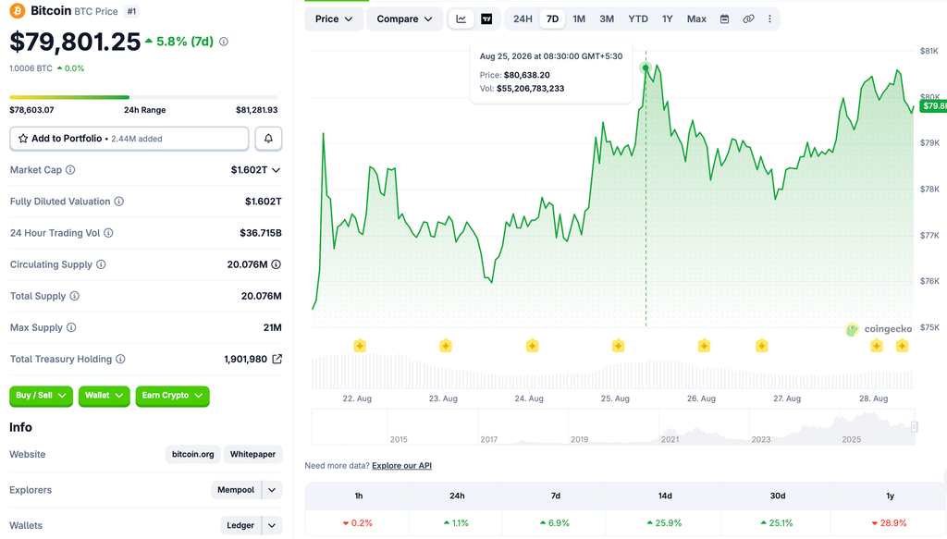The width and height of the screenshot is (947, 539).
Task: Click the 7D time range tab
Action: tap(552, 18)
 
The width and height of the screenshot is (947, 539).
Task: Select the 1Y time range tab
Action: tap(667, 18)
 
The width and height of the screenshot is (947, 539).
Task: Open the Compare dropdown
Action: tap(404, 18)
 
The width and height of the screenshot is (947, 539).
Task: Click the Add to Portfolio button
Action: tap(129, 139)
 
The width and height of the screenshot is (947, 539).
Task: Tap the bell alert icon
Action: tap(268, 139)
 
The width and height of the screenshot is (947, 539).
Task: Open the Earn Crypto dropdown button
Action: tap(172, 396)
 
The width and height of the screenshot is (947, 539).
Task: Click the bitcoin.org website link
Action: tap(192, 454)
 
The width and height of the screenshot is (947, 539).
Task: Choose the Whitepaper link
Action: tap(252, 454)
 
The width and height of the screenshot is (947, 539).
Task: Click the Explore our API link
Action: tap(401, 465)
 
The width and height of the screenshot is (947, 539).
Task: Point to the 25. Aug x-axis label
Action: tap(615, 398)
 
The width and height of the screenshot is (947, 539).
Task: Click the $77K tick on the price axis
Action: tap(929, 236)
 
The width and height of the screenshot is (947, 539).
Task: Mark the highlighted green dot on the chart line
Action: tap(646, 67)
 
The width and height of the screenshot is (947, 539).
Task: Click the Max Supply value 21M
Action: tap(273, 327)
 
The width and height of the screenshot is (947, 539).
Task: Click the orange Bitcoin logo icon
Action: tap(18, 11)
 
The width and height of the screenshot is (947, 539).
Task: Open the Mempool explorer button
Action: tap(236, 489)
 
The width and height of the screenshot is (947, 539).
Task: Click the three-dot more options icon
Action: tap(769, 18)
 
